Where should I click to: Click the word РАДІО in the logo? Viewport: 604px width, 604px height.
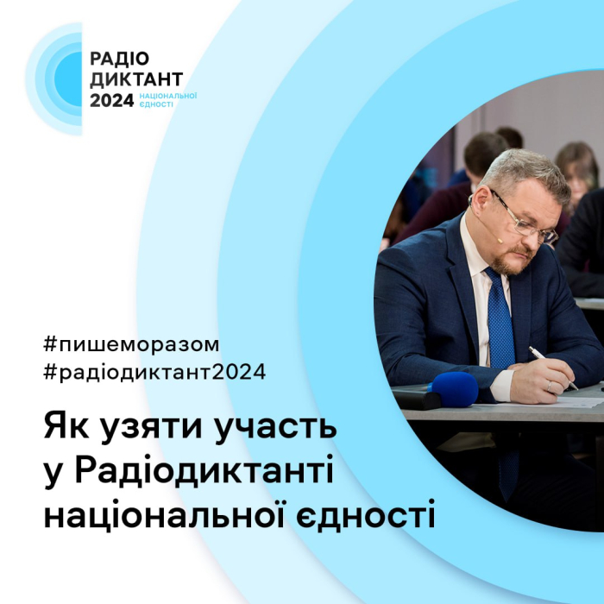(120, 60)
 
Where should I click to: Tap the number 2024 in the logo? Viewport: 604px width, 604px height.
(112, 100)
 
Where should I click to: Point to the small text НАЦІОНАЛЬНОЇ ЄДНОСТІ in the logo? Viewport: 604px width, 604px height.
(167, 100)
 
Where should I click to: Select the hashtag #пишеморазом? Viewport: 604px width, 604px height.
(130, 344)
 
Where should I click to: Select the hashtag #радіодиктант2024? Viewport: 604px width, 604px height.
(154, 373)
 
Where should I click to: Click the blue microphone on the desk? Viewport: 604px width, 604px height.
(452, 390)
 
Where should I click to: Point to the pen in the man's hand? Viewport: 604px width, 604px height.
(552, 368)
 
